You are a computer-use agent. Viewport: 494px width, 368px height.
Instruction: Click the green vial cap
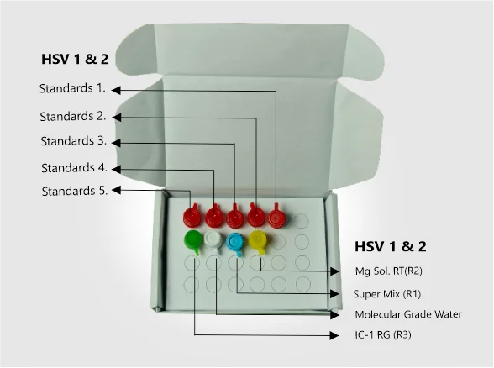click(193, 240)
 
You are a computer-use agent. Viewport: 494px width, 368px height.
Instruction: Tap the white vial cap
click(214, 241)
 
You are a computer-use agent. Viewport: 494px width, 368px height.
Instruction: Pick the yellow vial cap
click(258, 240)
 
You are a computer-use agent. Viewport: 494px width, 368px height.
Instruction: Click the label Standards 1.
click(72, 88)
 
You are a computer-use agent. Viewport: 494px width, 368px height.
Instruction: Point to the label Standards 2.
click(73, 117)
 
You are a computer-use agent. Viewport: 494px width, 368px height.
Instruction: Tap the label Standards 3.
click(74, 141)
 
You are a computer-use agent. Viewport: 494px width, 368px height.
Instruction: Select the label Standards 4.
click(74, 168)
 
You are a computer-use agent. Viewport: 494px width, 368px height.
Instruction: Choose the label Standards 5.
click(75, 192)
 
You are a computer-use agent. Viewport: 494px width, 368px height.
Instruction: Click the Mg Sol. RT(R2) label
click(388, 271)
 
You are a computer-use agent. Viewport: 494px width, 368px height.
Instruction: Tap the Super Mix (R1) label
click(386, 294)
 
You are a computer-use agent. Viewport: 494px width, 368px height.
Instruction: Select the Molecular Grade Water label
click(408, 314)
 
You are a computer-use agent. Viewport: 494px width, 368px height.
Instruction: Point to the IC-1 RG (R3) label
click(383, 334)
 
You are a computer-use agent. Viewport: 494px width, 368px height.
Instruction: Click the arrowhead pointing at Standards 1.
click(116, 90)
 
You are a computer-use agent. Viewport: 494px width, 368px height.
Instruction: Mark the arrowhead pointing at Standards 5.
click(116, 190)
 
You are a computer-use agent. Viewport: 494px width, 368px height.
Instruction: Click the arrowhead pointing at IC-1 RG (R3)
click(334, 335)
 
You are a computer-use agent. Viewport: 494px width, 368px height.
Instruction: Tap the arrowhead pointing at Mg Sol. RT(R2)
click(334, 271)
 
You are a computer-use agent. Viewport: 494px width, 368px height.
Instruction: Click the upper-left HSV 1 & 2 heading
click(75, 59)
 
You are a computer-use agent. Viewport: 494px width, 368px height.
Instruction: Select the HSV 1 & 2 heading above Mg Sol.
click(391, 246)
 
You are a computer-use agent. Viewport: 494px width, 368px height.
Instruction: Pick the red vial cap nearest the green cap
click(192, 216)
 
